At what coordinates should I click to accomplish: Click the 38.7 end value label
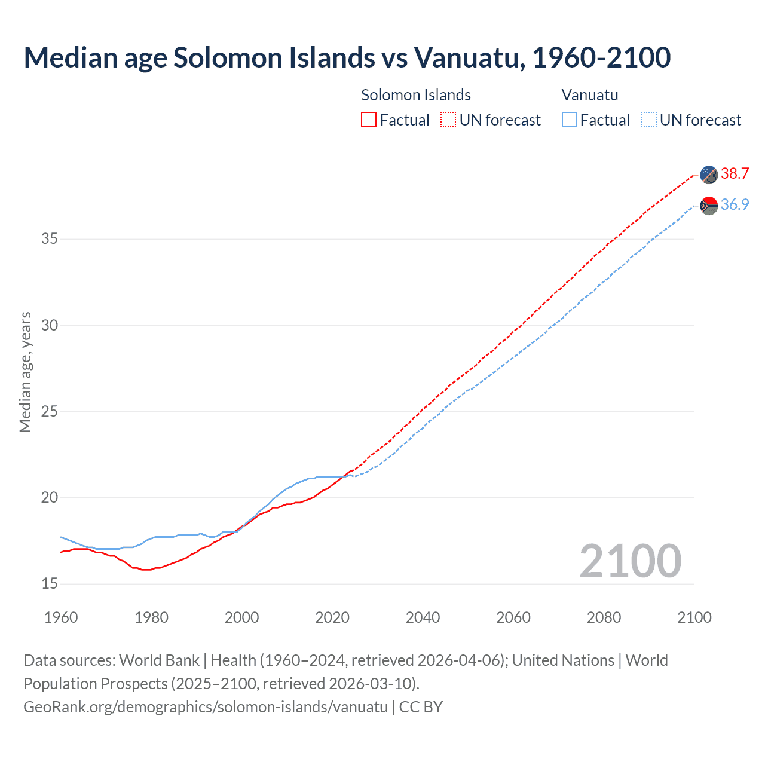(735, 174)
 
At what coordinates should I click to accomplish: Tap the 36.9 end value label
(735, 205)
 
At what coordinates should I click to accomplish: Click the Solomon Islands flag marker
(709, 175)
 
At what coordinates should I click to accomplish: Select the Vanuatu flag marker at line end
(709, 206)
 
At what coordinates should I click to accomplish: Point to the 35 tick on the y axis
(50, 239)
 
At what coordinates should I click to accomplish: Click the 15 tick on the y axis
(50, 584)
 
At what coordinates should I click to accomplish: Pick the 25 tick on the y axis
(50, 412)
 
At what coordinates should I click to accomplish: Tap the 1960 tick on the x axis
(61, 617)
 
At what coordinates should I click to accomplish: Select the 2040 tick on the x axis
(423, 617)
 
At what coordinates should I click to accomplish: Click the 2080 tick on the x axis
(604, 617)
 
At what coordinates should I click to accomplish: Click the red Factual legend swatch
(369, 120)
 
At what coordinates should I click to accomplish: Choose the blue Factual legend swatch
(569, 120)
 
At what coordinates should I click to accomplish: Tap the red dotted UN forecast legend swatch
(448, 120)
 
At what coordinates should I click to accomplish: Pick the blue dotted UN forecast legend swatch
(648, 120)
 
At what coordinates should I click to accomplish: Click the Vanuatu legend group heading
(590, 95)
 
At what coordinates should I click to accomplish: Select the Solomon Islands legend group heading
(416, 95)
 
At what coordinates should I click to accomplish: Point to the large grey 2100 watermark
(630, 561)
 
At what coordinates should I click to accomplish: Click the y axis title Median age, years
(26, 372)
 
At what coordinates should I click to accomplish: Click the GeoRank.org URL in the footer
(206, 707)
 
